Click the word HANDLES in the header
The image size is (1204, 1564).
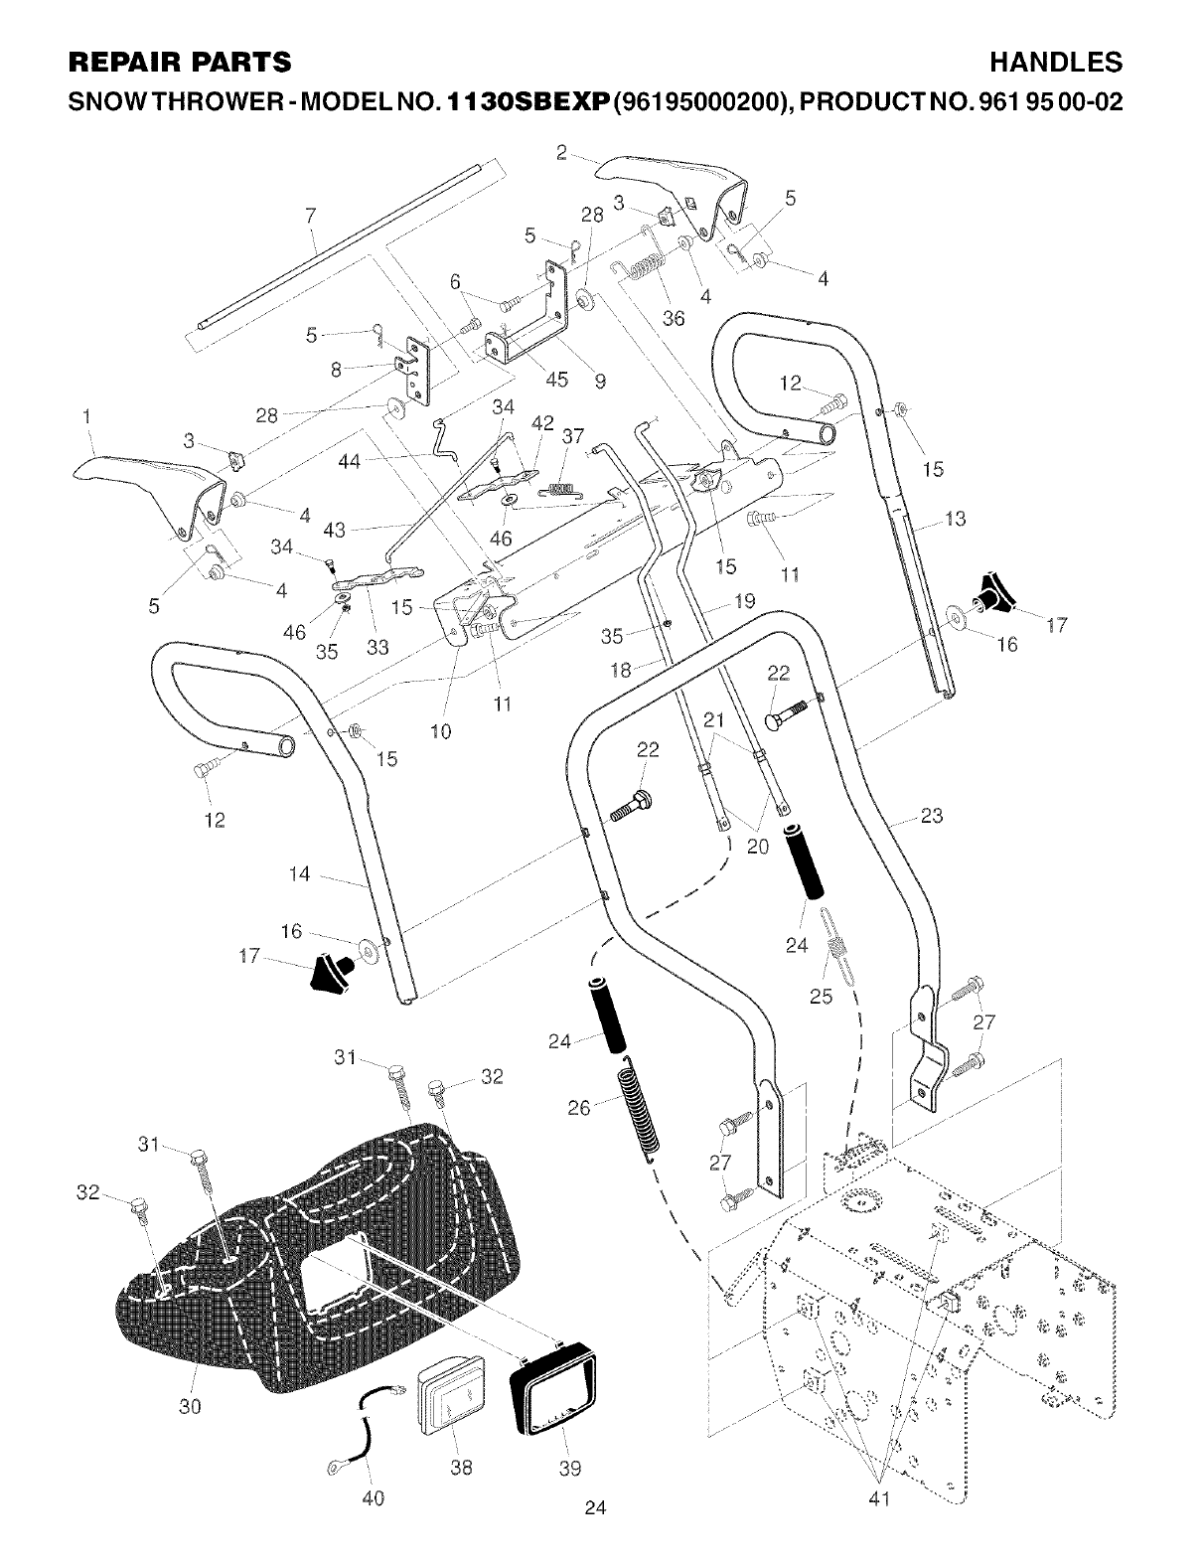(x=1057, y=63)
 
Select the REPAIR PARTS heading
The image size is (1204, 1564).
(x=179, y=63)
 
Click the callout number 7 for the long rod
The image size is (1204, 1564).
(x=311, y=215)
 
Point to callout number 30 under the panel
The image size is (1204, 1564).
(x=190, y=1406)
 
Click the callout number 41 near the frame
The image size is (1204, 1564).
(x=879, y=1499)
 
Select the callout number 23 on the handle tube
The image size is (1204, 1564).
(x=931, y=817)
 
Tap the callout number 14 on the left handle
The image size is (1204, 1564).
(x=299, y=874)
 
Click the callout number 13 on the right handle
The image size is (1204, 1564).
(x=955, y=519)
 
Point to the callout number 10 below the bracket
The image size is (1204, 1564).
(x=441, y=732)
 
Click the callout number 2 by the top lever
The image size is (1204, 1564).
(x=561, y=152)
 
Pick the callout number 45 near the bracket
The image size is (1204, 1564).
(x=556, y=379)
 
